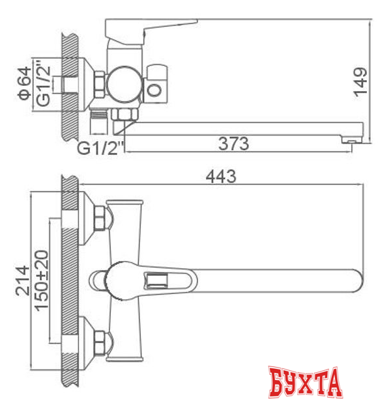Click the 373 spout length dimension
(x=233, y=144)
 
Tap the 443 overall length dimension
(x=221, y=176)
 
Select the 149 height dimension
(x=360, y=83)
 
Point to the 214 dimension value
(x=22, y=280)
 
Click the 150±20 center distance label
(x=42, y=280)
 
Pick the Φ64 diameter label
(x=24, y=83)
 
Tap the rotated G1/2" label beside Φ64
(x=43, y=83)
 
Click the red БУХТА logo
(x=305, y=382)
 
